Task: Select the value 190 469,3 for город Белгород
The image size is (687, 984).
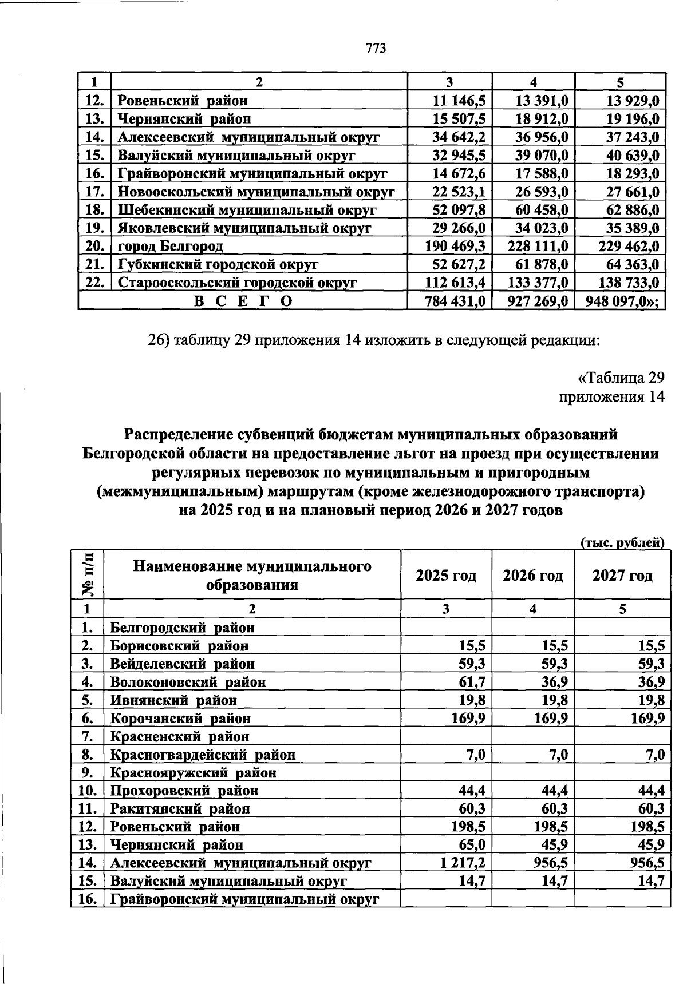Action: (x=455, y=247)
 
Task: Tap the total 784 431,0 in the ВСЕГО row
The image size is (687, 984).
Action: (x=455, y=301)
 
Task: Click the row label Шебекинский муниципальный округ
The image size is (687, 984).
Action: (x=247, y=210)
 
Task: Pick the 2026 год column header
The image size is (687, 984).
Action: (x=532, y=575)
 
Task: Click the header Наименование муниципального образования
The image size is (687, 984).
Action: (x=252, y=575)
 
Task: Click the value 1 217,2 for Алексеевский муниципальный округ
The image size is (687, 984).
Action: (x=463, y=863)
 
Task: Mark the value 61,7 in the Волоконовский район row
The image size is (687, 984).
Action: (x=473, y=682)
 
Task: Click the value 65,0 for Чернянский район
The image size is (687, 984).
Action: (x=473, y=844)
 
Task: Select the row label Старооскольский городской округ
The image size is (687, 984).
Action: (x=237, y=283)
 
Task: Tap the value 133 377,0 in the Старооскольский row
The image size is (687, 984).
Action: (x=538, y=283)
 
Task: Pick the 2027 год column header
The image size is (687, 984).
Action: (x=622, y=575)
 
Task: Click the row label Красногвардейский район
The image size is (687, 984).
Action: (x=203, y=755)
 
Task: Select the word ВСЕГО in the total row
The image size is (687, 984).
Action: (x=243, y=301)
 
